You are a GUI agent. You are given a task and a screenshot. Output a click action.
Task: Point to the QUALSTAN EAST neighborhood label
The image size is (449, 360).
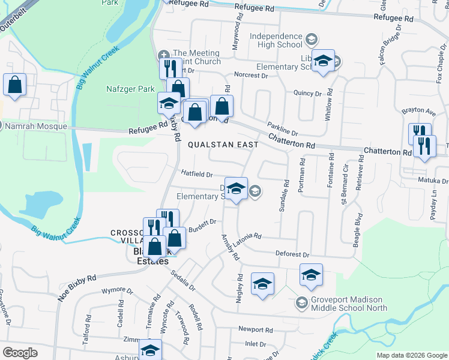pos(223,145)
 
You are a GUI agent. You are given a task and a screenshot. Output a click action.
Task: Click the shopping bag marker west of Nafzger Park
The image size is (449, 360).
pos(14,85)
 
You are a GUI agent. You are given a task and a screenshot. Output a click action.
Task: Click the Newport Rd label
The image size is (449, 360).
pos(255,329)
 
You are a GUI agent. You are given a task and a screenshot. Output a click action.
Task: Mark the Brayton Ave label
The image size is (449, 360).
pos(418,112)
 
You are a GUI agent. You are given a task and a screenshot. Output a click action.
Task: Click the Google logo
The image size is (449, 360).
pos(20,352)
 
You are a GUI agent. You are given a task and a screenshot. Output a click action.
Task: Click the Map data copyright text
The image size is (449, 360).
pos(412,355)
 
